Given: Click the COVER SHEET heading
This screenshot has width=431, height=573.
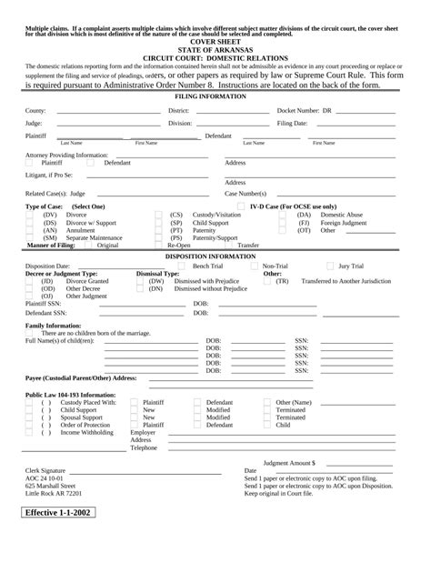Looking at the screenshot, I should (215, 42).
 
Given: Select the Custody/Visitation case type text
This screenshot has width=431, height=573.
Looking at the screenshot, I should (217, 215).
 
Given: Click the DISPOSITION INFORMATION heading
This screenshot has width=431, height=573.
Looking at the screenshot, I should (215, 256).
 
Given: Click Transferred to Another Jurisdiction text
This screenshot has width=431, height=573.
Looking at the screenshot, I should (346, 281).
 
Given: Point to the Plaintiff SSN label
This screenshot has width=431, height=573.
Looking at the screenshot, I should (44, 303).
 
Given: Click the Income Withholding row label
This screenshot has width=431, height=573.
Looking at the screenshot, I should (87, 432).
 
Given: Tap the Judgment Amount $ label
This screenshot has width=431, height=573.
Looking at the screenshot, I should (289, 462).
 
